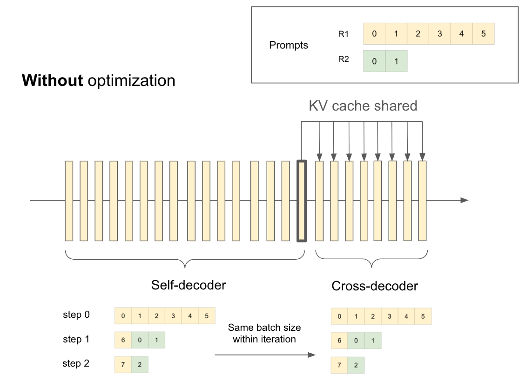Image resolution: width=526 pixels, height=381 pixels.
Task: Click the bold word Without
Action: [x=52, y=80]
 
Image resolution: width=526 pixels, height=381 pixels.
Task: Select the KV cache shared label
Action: [x=363, y=106]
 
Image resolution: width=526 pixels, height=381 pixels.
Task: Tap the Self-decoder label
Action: [x=189, y=285]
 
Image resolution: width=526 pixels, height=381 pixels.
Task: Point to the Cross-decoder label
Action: [x=375, y=286]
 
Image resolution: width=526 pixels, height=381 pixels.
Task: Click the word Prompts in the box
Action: [x=289, y=45]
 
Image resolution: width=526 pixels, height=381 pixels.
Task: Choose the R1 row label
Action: [x=344, y=34]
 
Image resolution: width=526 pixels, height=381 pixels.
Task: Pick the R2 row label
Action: [x=344, y=59]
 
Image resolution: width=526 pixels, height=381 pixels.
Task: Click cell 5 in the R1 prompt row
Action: [x=483, y=33]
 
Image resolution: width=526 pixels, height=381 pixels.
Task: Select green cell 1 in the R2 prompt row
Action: [x=397, y=61]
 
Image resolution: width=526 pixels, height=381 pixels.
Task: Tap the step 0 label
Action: [x=76, y=315]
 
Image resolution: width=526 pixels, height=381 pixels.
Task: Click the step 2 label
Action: [x=76, y=364]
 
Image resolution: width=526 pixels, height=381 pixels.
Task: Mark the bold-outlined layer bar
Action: [x=302, y=201]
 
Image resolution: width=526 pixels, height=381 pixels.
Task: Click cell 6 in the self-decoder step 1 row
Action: [x=123, y=340]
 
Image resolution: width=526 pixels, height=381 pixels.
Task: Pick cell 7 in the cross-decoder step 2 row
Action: [x=339, y=365]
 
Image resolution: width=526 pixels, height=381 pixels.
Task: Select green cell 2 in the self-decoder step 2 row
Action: [x=140, y=365]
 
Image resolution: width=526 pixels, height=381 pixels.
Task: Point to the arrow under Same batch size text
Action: [x=265, y=355]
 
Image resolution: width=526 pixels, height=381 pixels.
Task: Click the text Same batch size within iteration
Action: [x=264, y=333]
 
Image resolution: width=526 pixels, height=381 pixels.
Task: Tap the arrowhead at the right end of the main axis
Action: [x=465, y=200]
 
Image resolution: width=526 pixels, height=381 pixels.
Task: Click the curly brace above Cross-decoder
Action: [x=371, y=259]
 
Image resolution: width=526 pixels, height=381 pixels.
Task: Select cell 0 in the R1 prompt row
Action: [x=374, y=33]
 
